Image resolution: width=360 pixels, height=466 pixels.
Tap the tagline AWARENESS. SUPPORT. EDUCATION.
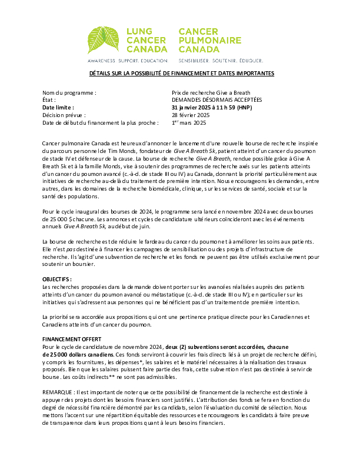pyautogui.click(x=128, y=61)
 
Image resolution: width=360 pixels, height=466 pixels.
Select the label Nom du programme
pyautogui.click(x=69, y=93)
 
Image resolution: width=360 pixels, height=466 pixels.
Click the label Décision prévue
pyautogui.click(x=64, y=116)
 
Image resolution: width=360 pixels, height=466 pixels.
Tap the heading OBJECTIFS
pyautogui.click(x=57, y=279)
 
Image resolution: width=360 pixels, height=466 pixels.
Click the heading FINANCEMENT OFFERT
pyautogui.click(x=72, y=339)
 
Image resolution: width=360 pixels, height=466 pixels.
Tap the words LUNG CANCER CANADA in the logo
pyautogui.click(x=147, y=40)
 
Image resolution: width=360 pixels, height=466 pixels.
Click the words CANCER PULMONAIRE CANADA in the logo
pyautogui.click(x=209, y=40)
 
